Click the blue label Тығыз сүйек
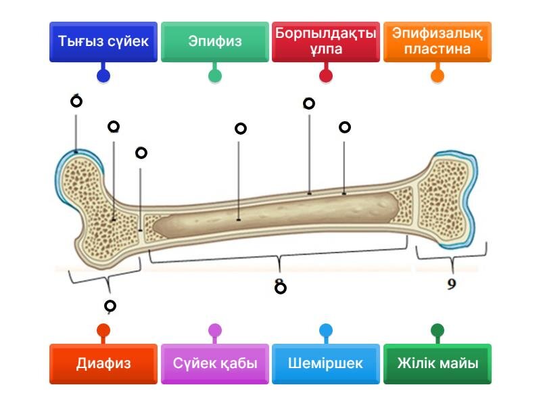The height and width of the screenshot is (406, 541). (103, 42)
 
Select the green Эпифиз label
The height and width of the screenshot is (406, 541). (214, 42)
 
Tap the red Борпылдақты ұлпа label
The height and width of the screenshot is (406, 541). (326, 42)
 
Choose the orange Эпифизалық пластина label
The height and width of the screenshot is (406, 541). (437, 42)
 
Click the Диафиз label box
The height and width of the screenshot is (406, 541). (103, 363)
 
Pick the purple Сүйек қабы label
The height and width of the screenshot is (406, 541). (214, 363)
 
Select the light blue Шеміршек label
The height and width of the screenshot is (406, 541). (326, 363)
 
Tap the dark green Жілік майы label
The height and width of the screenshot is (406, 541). (437, 363)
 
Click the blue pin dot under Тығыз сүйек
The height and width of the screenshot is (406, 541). (103, 76)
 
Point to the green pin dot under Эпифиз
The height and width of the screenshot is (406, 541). (215, 76)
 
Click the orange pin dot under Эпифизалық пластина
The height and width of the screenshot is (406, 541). (438, 76)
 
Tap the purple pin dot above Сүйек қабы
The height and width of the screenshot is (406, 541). (215, 330)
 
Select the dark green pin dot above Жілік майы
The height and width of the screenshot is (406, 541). (438, 330)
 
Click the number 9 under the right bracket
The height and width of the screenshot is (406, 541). (452, 284)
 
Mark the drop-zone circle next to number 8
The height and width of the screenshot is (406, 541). (281, 288)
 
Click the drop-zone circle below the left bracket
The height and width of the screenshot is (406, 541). (110, 306)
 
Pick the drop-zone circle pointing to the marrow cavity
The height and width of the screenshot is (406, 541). (241, 129)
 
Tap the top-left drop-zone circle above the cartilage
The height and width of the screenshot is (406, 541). (76, 101)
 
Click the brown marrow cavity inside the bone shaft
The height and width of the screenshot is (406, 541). (276, 214)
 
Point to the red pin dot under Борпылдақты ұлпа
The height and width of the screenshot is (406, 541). (326, 76)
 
